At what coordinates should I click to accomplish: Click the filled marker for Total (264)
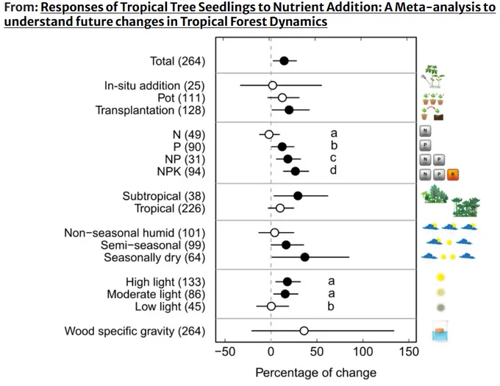[x=284, y=61]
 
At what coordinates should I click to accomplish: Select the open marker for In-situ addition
[x=272, y=85]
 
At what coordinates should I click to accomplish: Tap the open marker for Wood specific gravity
[x=304, y=331]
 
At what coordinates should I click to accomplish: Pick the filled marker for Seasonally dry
[x=305, y=257]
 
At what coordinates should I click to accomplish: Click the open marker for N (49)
[x=269, y=135]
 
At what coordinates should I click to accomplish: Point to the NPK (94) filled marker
[x=296, y=172]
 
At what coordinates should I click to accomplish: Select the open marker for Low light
[x=271, y=306]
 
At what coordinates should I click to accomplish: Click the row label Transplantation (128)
[x=150, y=110]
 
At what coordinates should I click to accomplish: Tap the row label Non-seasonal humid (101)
[x=135, y=233]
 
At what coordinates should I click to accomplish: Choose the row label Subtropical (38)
[x=163, y=196]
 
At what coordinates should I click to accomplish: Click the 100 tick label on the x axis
[x=363, y=352]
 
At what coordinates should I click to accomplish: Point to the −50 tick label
[x=225, y=352]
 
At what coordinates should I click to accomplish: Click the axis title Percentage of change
[x=315, y=373]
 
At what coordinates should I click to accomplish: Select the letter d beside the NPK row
[x=333, y=170]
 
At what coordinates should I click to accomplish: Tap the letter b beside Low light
[x=331, y=306]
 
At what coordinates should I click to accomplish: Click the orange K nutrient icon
[x=453, y=175]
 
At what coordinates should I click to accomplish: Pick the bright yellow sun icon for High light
[x=440, y=277]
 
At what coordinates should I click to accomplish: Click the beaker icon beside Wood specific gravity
[x=440, y=331]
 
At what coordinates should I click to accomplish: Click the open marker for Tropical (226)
[x=280, y=208]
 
